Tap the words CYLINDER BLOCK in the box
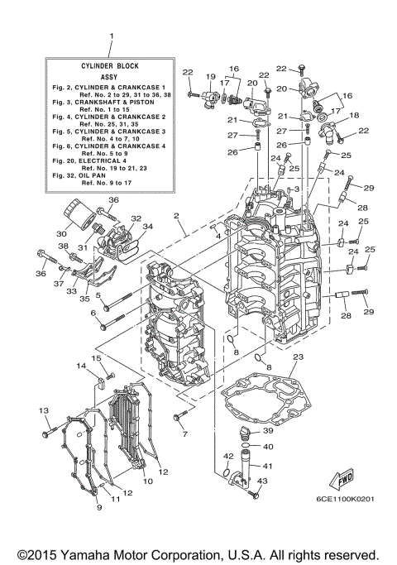(x=110, y=65)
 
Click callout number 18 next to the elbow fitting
(x=354, y=116)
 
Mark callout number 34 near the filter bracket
(x=147, y=226)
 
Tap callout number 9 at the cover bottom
(x=99, y=506)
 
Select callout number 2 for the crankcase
(x=176, y=216)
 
